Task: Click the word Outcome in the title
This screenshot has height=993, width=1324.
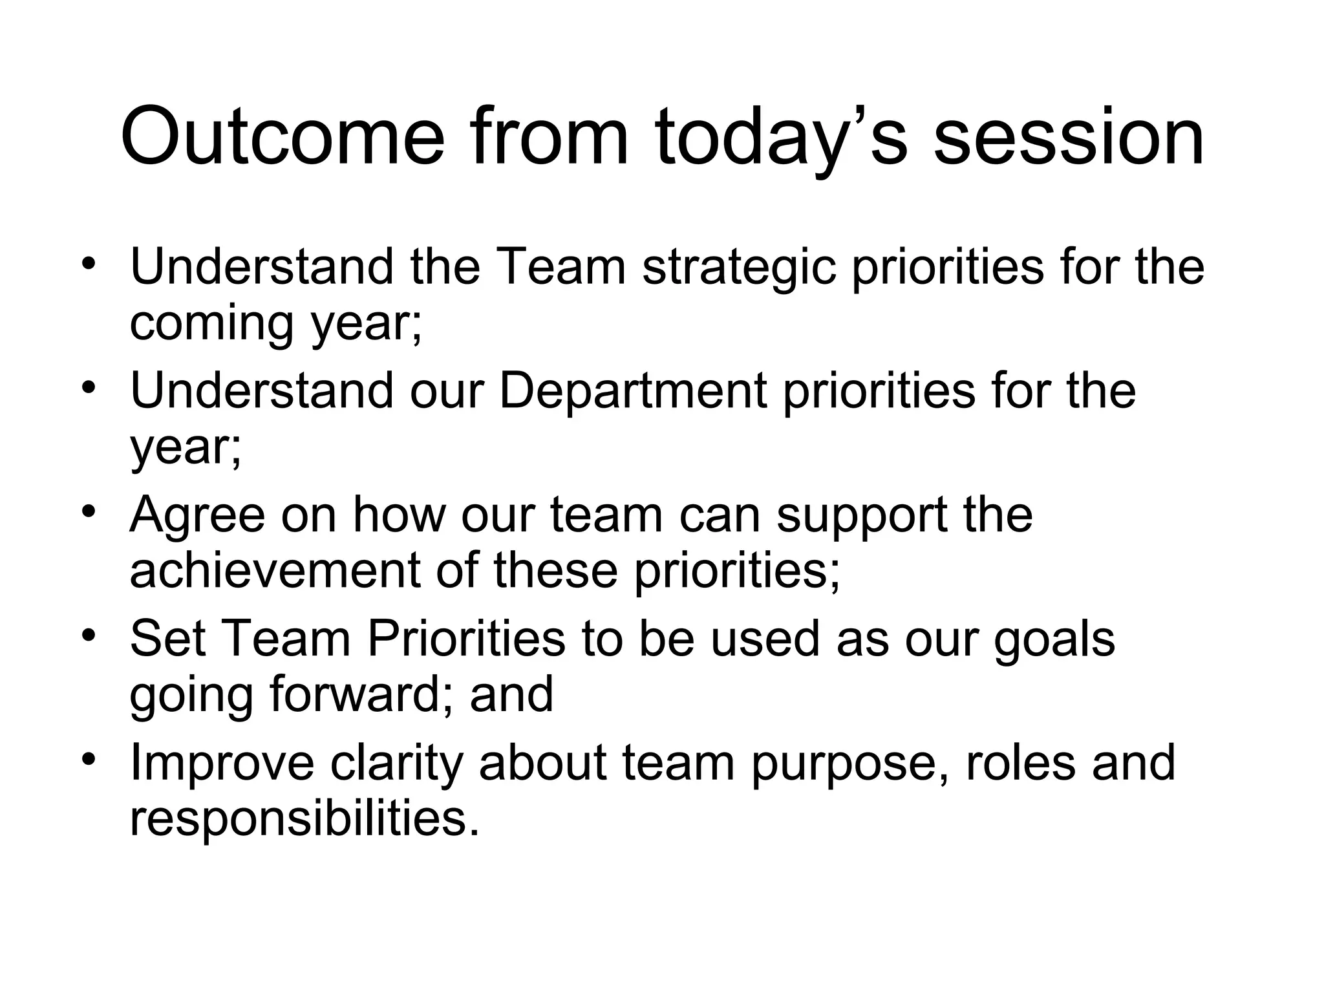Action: [283, 138]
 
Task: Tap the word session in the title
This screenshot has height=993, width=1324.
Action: [1069, 138]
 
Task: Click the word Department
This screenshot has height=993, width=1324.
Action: [633, 391]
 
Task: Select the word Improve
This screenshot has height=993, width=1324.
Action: [222, 763]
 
